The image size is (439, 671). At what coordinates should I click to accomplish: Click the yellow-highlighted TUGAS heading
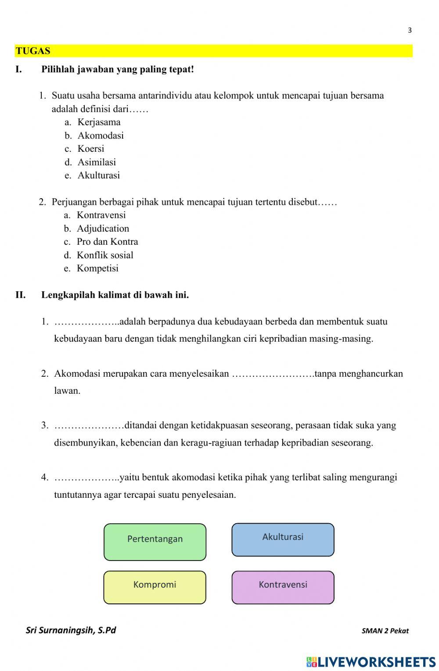(x=33, y=51)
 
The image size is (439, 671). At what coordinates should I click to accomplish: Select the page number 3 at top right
(x=410, y=30)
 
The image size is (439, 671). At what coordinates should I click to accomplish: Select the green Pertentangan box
(x=155, y=542)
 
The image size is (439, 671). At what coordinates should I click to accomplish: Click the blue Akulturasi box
(x=283, y=539)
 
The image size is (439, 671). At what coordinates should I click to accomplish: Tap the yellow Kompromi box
(x=155, y=587)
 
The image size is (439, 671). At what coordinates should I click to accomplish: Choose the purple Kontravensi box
(x=283, y=587)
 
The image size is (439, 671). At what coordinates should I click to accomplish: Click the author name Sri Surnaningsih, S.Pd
(x=71, y=630)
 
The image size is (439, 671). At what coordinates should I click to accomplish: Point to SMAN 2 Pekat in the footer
(x=385, y=631)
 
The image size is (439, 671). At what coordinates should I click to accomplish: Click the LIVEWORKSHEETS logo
(x=371, y=662)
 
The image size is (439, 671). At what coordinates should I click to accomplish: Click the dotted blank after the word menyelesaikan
(x=273, y=374)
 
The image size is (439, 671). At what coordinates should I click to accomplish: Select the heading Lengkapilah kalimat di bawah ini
(x=115, y=295)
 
